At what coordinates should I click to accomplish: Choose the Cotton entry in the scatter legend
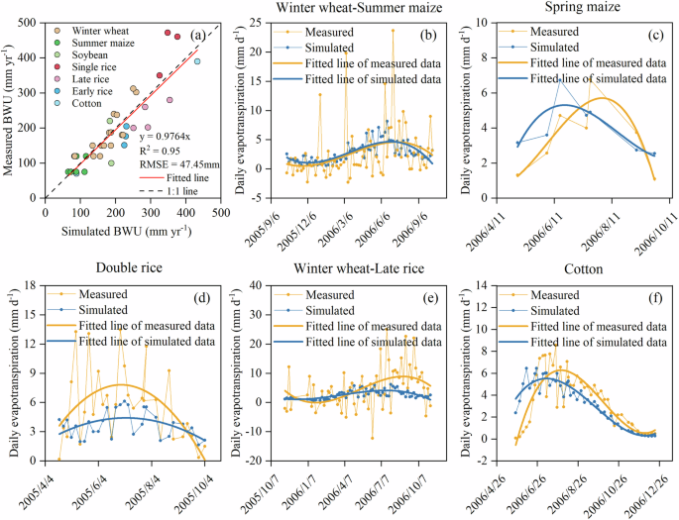pos(90,117)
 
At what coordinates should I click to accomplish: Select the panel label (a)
pos(197,36)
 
